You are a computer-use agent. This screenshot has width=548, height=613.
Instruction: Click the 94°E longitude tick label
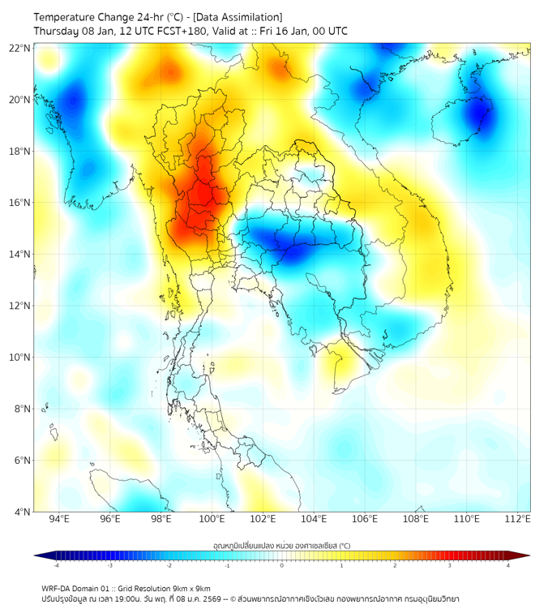click(59, 519)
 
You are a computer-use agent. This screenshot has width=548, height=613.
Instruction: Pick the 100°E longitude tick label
click(212, 519)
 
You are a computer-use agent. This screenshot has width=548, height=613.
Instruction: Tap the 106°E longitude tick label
click(365, 519)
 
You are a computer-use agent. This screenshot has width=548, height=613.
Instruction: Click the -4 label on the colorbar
click(56, 565)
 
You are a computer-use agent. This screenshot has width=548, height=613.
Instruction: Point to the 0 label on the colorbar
click(282, 565)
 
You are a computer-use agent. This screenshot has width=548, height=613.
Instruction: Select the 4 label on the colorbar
click(508, 565)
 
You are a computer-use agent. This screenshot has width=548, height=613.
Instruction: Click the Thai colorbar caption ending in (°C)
click(281, 546)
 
